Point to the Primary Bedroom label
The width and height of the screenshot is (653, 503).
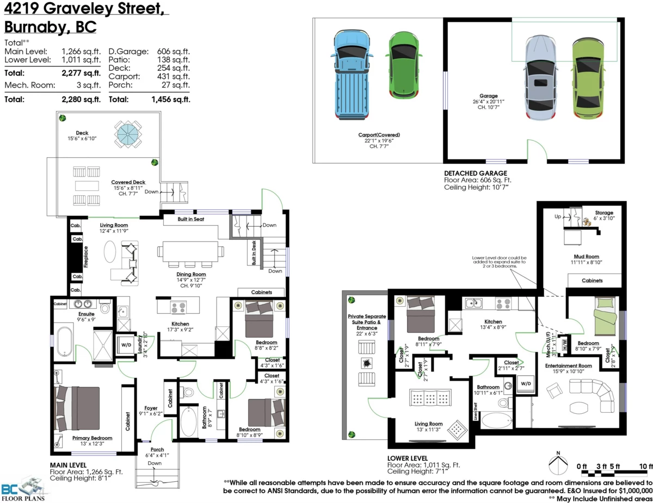click(x=92, y=438)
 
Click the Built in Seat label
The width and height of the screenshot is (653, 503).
click(x=190, y=219)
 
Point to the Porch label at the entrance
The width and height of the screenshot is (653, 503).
click(x=157, y=449)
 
